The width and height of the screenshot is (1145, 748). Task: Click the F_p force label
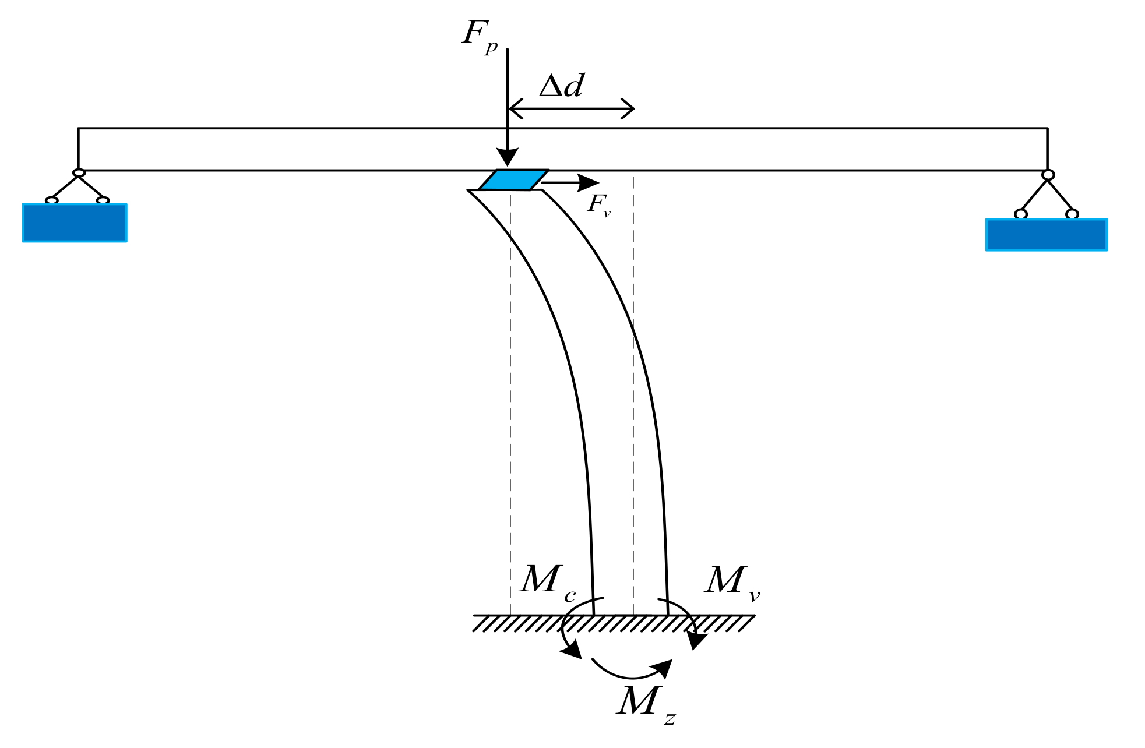[x=479, y=36]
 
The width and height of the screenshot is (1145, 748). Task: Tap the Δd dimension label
[x=561, y=86]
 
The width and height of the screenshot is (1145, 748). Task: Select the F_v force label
[x=598, y=204]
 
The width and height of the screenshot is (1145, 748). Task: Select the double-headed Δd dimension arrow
[x=572, y=108]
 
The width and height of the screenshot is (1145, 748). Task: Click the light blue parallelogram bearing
[x=513, y=180]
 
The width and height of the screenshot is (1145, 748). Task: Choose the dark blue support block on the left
[x=75, y=223]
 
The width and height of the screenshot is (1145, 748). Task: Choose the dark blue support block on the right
[x=1046, y=235]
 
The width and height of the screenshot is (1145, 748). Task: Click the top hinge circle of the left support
[x=79, y=173]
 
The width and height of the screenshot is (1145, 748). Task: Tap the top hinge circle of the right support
[x=1048, y=175]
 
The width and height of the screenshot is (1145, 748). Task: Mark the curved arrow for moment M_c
[x=568, y=629]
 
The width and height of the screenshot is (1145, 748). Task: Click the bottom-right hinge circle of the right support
[x=1072, y=214]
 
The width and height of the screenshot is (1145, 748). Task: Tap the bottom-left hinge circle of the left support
[x=52, y=200]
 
